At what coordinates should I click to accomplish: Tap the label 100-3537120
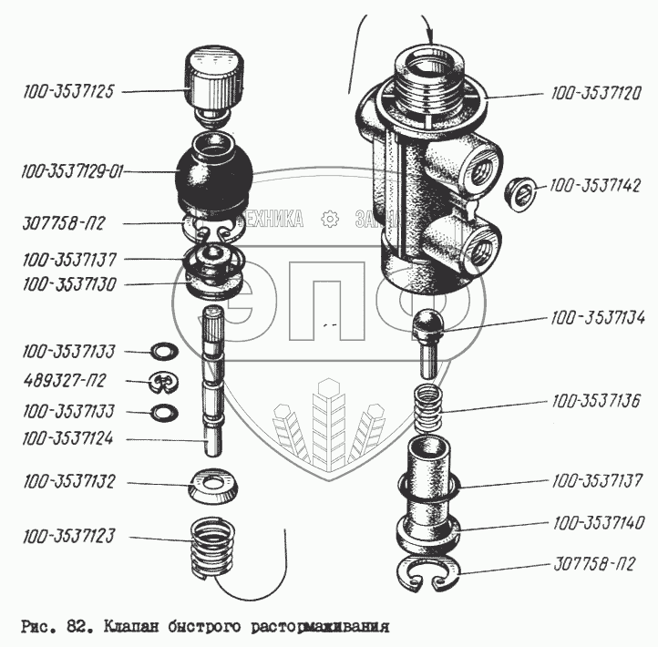(597, 92)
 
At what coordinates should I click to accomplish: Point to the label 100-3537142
(597, 186)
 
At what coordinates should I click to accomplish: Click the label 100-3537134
(597, 318)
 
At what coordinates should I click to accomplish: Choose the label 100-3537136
(597, 402)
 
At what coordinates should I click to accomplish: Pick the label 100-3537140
(597, 524)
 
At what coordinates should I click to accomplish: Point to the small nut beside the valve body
(519, 190)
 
